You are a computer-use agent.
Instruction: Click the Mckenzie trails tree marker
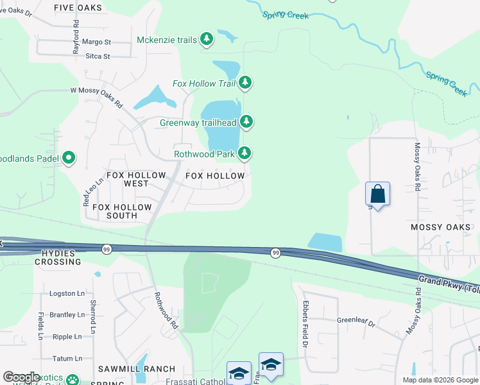point(207,40)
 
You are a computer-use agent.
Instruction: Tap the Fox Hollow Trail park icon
point(245,83)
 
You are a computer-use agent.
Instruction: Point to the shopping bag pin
point(377,194)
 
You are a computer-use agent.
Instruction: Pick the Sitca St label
point(98,56)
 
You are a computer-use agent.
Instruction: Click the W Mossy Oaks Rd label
point(96,97)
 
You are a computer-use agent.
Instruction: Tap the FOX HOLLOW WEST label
point(136,179)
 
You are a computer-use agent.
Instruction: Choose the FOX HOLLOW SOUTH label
point(122,211)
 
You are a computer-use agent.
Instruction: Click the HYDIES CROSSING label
point(58,258)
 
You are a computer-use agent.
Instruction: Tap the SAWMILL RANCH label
point(137,369)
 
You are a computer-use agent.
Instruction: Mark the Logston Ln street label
point(67,293)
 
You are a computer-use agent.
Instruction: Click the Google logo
point(21,377)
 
